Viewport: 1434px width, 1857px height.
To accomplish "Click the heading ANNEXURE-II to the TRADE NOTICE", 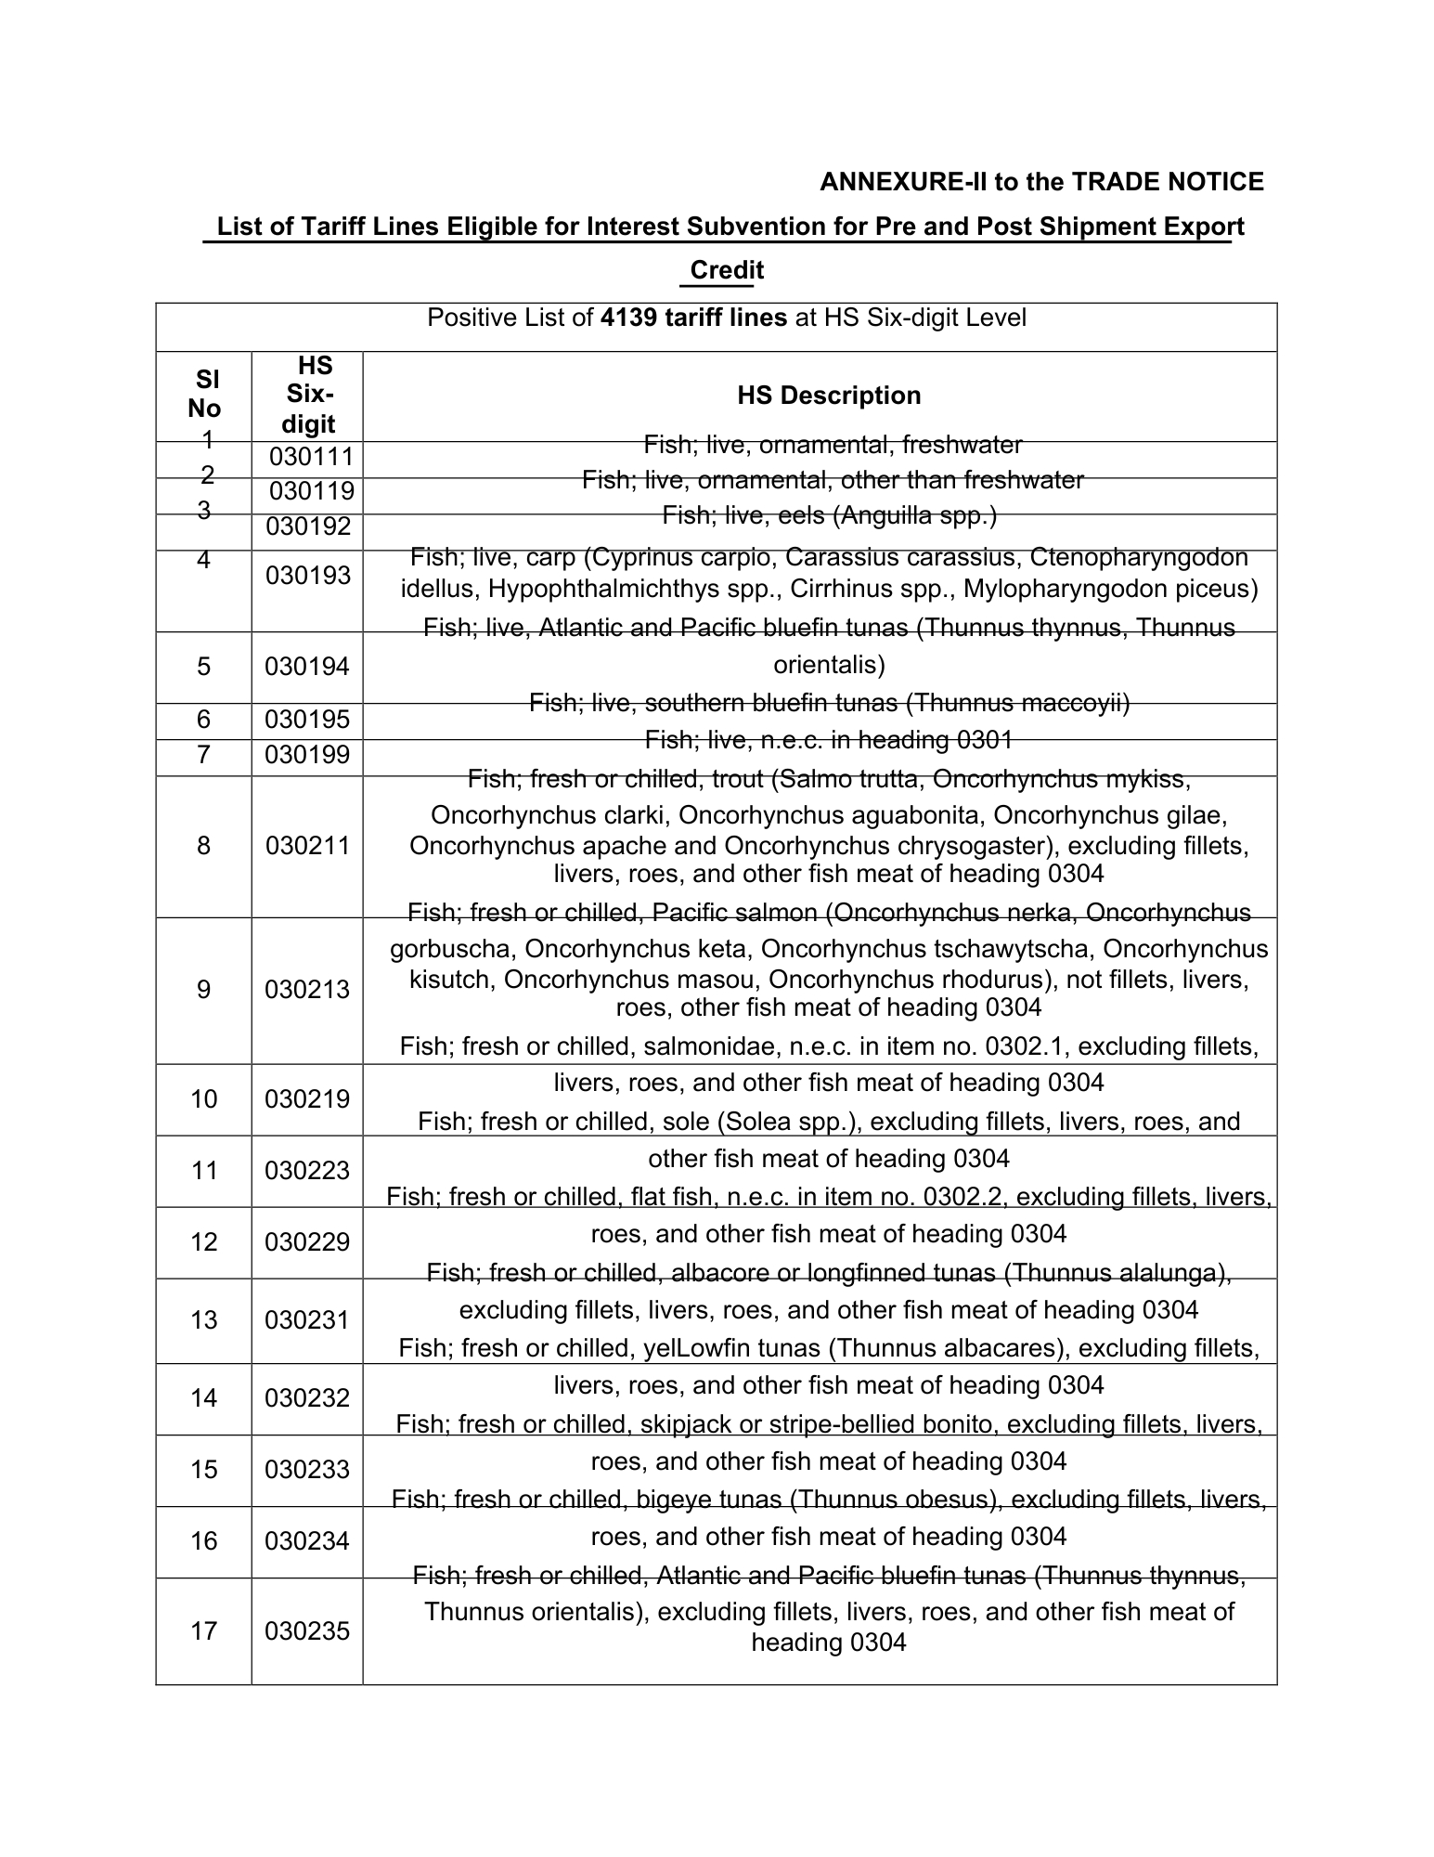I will click(1040, 182).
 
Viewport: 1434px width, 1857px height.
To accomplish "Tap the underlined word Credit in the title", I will click(727, 270).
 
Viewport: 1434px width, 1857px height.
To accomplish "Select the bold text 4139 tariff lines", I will click(693, 318).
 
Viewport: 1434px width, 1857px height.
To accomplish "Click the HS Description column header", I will click(828, 396).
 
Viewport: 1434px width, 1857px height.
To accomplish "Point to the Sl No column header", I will click(204, 394).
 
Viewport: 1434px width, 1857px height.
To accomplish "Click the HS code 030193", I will click(307, 576).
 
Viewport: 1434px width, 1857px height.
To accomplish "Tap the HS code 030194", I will click(307, 666).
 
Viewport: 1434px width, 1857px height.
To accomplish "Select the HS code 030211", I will click(307, 846).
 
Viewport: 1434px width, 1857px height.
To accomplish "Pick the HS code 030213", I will click(307, 990).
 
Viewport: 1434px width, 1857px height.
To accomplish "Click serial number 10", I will click(204, 1099).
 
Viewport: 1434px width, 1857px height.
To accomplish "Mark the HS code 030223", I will click(307, 1171).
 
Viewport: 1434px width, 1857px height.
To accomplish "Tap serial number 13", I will click(204, 1319).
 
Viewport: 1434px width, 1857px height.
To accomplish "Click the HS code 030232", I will click(307, 1398).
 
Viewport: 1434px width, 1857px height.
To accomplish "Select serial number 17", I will click(204, 1630).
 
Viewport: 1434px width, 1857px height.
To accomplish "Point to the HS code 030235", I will click(307, 1630).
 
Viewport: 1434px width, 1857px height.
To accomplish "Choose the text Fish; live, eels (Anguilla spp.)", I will click(829, 515).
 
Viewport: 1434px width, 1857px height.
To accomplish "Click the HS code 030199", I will click(307, 755).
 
